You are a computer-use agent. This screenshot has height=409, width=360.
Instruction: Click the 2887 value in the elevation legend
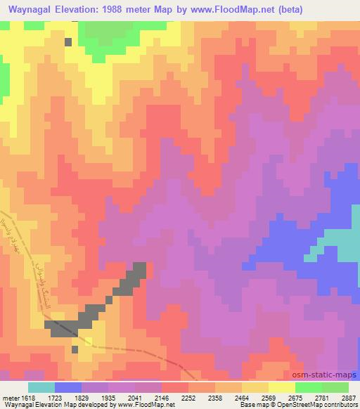pyautogui.click(x=348, y=398)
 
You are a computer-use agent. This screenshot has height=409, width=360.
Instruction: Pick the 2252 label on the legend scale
pyautogui.click(x=188, y=398)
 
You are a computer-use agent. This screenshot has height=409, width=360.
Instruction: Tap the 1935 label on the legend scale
pyautogui.click(x=108, y=398)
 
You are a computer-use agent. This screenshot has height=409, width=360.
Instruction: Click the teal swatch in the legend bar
pyautogui.click(x=41, y=387)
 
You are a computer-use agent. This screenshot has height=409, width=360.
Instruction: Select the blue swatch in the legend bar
pyautogui.click(x=68, y=387)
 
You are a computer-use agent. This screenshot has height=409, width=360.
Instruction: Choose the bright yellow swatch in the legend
pyautogui.click(x=282, y=387)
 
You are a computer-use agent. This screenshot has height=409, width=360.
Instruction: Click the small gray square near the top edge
pyautogui.click(x=68, y=41)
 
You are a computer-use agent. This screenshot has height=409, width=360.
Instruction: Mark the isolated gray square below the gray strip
pyautogui.click(x=75, y=349)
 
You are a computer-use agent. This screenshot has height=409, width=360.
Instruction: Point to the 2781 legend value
pyautogui.click(x=321, y=398)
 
